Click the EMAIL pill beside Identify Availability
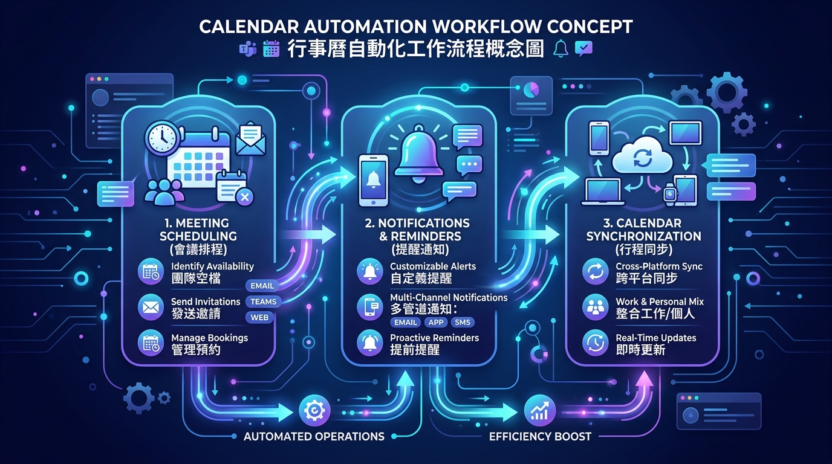262,286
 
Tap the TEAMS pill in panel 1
264,301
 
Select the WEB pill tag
259,317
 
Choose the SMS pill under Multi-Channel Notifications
463,322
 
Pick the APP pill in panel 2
436,322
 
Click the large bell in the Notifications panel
419,154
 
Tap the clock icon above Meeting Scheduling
163,138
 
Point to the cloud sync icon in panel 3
642,155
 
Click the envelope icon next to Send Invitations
151,307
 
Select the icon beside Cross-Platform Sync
596,271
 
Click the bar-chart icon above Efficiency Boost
540,410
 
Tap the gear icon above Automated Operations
314,411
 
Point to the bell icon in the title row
561,48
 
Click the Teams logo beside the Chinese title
248,48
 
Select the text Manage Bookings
209,338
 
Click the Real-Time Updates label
656,338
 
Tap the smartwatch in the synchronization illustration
670,194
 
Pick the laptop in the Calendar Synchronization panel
603,192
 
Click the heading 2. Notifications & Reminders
417,230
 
